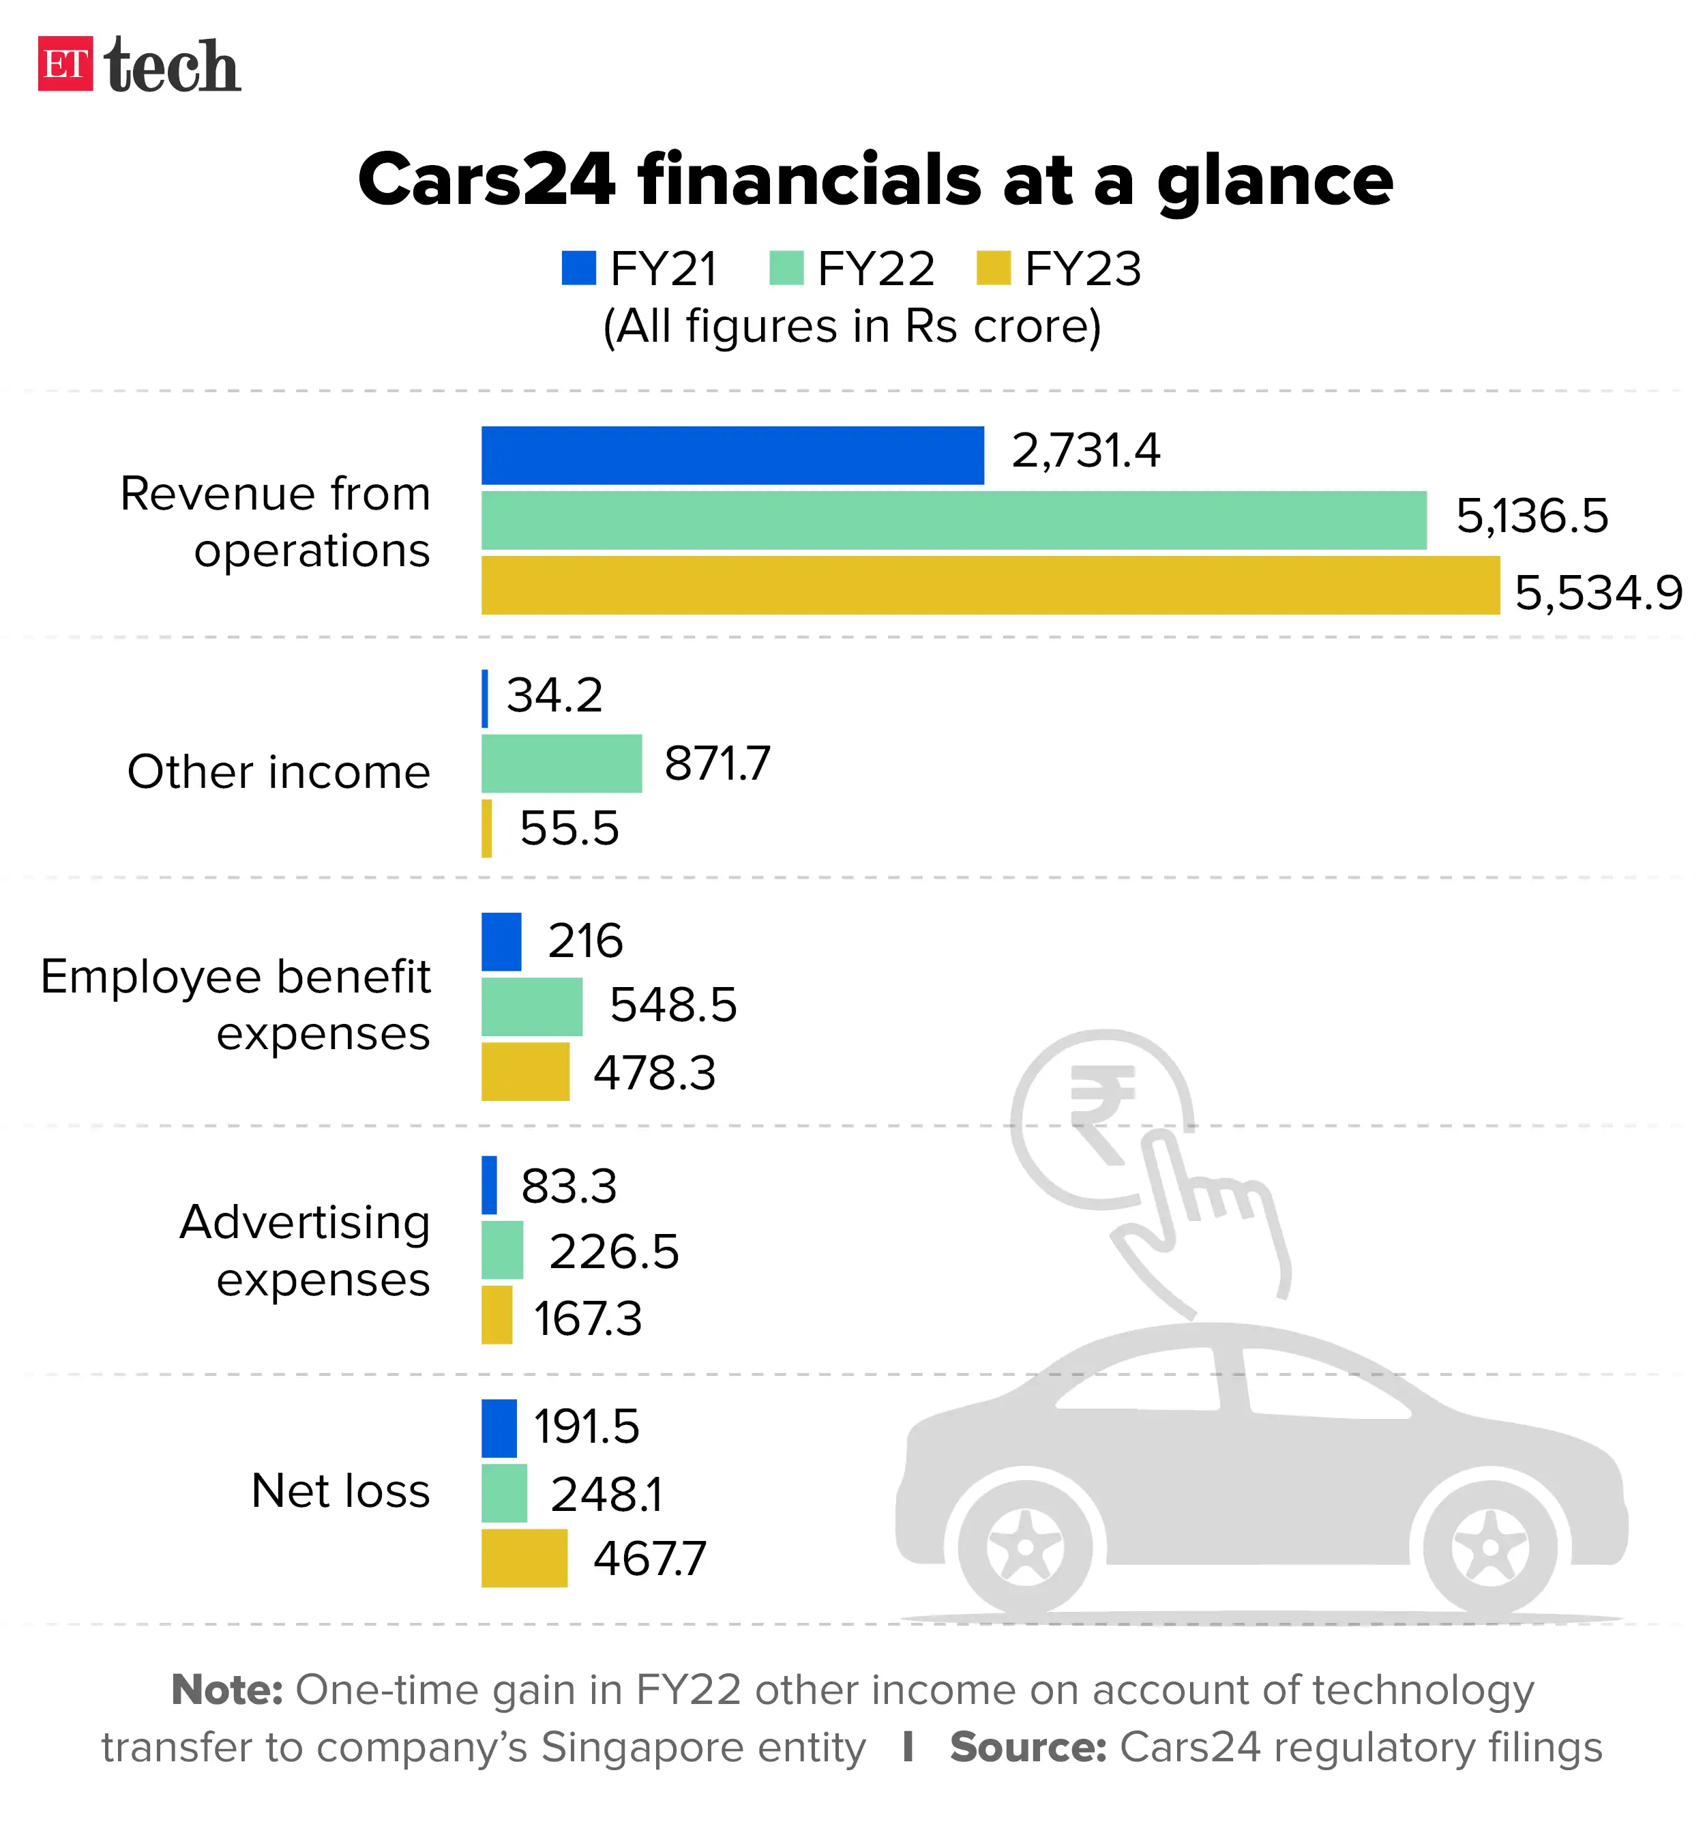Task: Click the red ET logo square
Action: [x=65, y=64]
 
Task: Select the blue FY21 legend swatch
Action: [x=578, y=269]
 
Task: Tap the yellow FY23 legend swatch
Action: [x=993, y=269]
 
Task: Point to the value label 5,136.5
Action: [x=1531, y=516]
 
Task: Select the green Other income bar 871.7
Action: [x=561, y=763]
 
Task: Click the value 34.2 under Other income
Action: [x=554, y=696]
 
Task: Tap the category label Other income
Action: [x=278, y=772]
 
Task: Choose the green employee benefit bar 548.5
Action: [x=531, y=1006]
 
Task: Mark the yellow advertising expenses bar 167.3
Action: [x=496, y=1315]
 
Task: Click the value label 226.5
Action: [x=614, y=1252]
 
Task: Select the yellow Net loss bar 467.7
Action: [x=524, y=1558]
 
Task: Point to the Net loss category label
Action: [x=340, y=1491]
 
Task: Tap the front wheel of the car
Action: [x=1025, y=1547]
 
